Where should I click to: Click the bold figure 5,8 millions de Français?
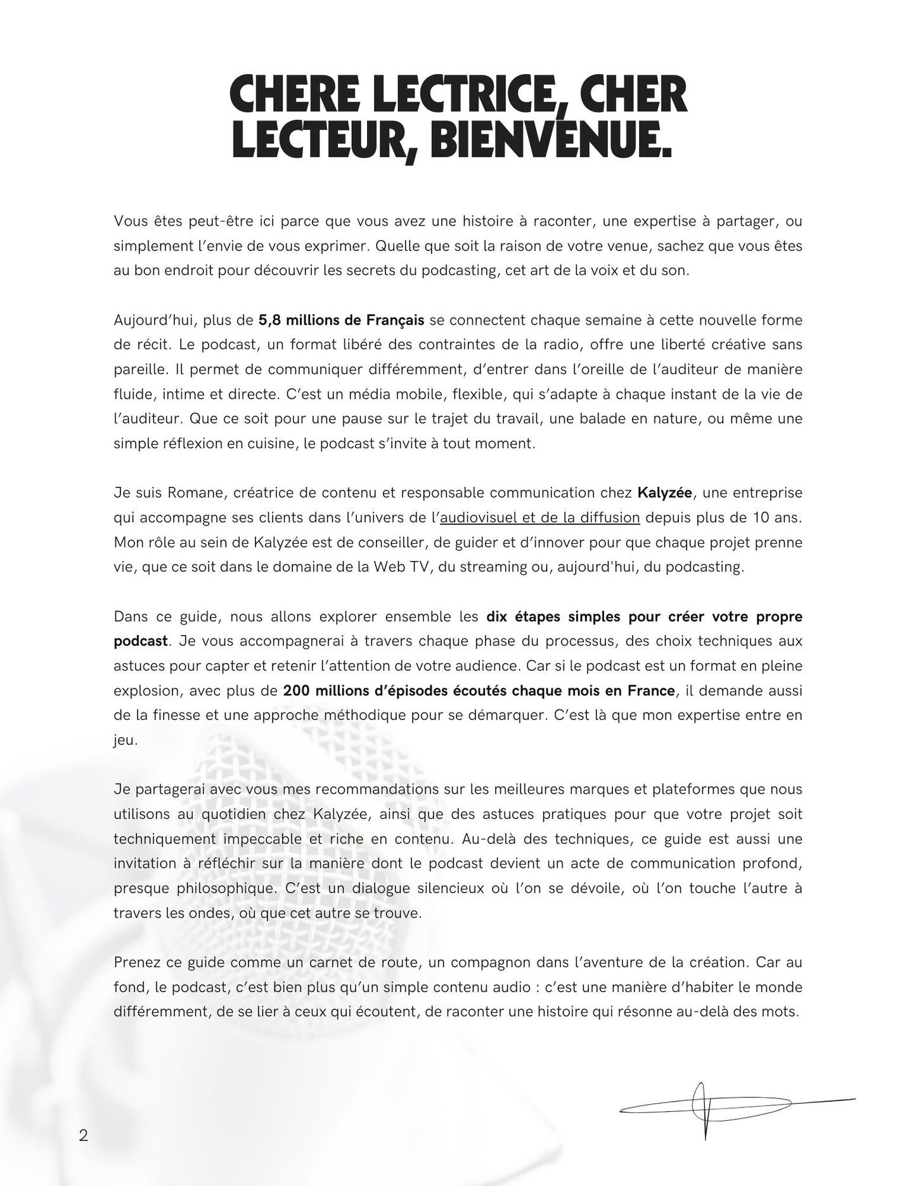pyautogui.click(x=341, y=320)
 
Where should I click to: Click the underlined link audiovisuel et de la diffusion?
pyautogui.click(x=539, y=517)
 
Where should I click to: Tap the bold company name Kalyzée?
pyautogui.click(x=664, y=493)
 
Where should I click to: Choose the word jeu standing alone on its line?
pyautogui.click(x=125, y=740)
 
